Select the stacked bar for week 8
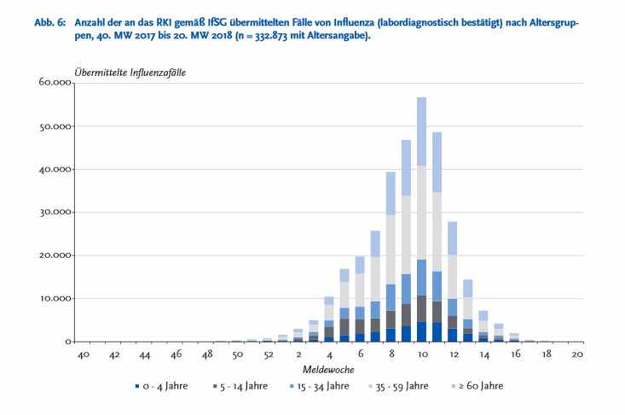pos(391,256)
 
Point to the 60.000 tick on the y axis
pos(55,83)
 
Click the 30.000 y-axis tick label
pos(55,213)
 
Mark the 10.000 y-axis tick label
pos(55,299)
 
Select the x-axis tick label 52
pos(268,354)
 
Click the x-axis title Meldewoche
pos(328,370)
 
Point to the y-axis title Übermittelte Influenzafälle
pos(130,72)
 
